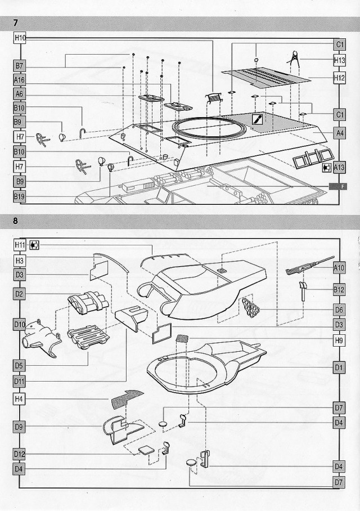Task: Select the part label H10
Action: pyautogui.click(x=20, y=37)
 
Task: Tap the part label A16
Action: pyautogui.click(x=20, y=80)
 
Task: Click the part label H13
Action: pyautogui.click(x=339, y=59)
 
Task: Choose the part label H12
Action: pyautogui.click(x=339, y=79)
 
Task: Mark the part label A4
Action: pyautogui.click(x=339, y=133)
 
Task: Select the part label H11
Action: pyautogui.click(x=20, y=245)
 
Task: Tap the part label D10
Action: pyautogui.click(x=20, y=325)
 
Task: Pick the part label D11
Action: pyautogui.click(x=20, y=382)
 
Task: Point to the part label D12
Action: pyautogui.click(x=20, y=454)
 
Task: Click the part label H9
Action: pyautogui.click(x=339, y=340)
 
